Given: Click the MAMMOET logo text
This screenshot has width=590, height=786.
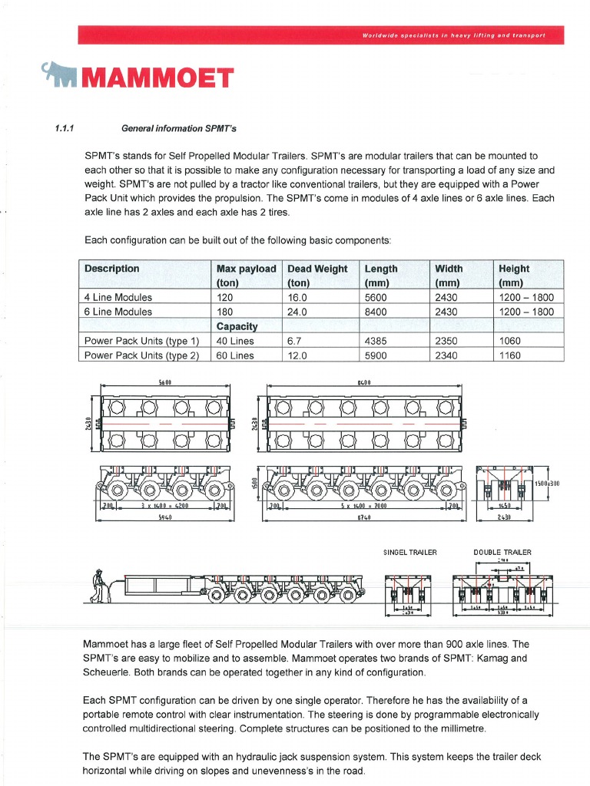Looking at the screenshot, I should (x=157, y=78).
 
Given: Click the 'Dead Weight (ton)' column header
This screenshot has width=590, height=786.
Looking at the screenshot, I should (x=317, y=275).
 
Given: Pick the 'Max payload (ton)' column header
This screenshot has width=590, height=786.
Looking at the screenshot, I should (x=246, y=275).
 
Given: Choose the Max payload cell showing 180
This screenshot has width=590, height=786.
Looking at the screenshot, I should (x=225, y=312).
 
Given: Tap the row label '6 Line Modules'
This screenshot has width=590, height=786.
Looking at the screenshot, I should (x=118, y=312).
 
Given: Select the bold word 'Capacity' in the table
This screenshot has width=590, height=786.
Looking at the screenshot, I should (x=237, y=326).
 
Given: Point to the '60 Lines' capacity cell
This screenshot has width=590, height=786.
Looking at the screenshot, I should (x=235, y=355).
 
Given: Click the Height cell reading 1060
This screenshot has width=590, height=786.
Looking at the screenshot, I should (x=509, y=341).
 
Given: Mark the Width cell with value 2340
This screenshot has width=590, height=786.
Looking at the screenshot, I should (x=446, y=355).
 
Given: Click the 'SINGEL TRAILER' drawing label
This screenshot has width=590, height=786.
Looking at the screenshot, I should (x=409, y=552).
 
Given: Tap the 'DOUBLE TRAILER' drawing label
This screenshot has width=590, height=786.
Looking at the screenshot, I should (x=502, y=552).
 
